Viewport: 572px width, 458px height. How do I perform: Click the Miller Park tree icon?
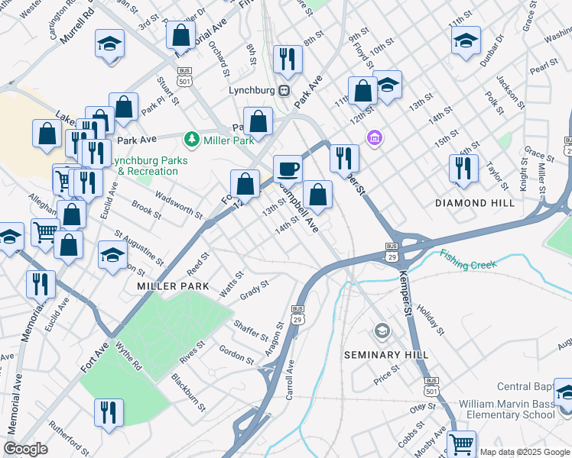click(190, 140)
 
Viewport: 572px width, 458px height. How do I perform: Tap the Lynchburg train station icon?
click(284, 90)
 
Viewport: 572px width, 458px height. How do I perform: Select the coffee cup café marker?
click(288, 169)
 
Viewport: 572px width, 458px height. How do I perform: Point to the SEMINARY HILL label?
click(382, 355)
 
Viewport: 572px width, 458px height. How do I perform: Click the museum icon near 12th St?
click(375, 138)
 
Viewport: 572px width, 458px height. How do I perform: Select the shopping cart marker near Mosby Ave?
click(461, 443)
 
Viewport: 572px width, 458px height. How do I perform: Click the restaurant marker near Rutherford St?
click(108, 413)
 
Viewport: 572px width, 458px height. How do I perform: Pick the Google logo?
click(26, 449)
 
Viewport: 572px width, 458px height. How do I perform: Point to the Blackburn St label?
click(188, 392)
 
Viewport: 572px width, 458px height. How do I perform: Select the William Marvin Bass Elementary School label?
click(506, 408)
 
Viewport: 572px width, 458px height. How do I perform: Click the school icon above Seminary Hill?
click(382, 331)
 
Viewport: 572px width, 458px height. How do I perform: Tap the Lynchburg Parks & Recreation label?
click(145, 166)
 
